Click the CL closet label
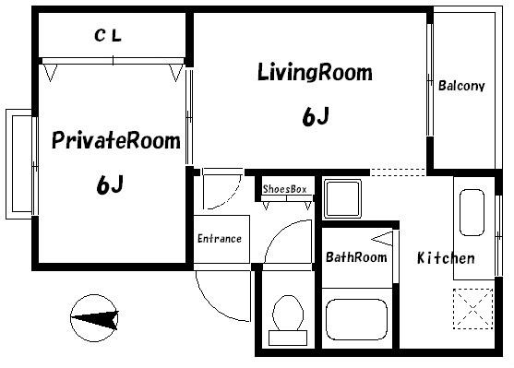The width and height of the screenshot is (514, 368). tap(108, 36)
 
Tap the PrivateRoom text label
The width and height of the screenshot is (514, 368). tap(116, 140)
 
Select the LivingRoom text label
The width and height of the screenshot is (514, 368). tap(315, 72)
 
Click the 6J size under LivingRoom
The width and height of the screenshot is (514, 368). tap(315, 116)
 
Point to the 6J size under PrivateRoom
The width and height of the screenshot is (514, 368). tap(110, 184)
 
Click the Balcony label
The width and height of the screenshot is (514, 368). tap(461, 86)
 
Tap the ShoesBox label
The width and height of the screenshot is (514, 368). tap(284, 189)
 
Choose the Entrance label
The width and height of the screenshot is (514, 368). tap(220, 238)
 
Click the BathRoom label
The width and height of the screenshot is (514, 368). tap(356, 257)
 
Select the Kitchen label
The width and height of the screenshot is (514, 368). tap(446, 258)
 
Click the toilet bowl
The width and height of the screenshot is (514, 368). tap(288, 314)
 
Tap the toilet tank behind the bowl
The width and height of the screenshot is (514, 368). tap(288, 338)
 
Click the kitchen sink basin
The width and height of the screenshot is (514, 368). tap(472, 212)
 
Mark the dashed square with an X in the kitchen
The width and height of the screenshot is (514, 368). tap(473, 309)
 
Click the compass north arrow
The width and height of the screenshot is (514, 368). tap(95, 318)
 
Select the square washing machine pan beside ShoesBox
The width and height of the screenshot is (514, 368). tap(342, 198)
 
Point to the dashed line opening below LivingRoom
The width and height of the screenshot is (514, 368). tap(399, 172)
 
